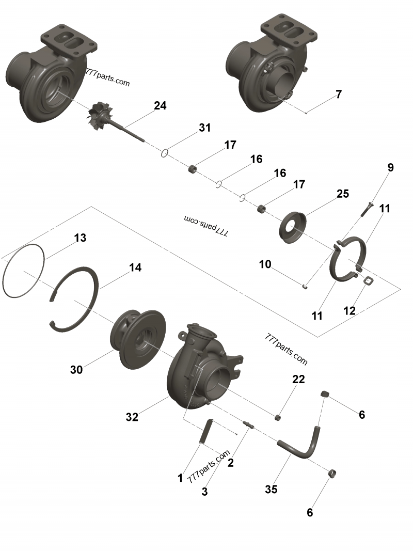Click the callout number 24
(160, 106)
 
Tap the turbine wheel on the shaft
(99, 115)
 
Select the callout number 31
(205, 128)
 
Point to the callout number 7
(339, 95)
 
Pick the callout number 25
(343, 194)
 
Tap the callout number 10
(265, 264)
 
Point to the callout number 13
(80, 238)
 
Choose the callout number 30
(76, 370)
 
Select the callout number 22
(298, 379)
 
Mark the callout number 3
(205, 492)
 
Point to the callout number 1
(180, 479)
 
